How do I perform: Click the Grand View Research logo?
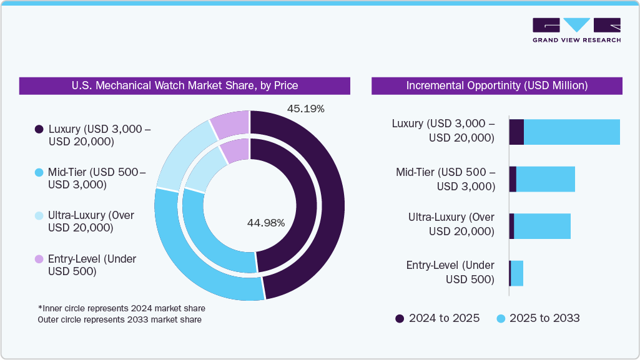pyautogui.click(x=576, y=30)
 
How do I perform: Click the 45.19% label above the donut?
pyautogui.click(x=305, y=109)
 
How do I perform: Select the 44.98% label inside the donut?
pyautogui.click(x=266, y=223)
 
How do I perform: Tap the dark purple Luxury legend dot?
pyautogui.click(x=39, y=129)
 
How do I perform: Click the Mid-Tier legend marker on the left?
pyautogui.click(x=39, y=172)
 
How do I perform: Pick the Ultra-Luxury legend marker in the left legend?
pyautogui.click(x=39, y=215)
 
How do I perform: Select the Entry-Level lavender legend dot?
pyautogui.click(x=39, y=259)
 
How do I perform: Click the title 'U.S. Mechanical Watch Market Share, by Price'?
pyautogui.click(x=184, y=85)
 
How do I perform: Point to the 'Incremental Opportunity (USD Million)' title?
pyautogui.click(x=496, y=85)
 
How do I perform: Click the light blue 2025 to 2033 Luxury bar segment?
pyautogui.click(x=571, y=132)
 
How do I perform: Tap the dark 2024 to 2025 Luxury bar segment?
pyautogui.click(x=516, y=132)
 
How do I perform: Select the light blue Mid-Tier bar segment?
pyautogui.click(x=545, y=179)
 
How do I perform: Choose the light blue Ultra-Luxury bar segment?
pyautogui.click(x=542, y=226)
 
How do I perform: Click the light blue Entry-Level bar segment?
pyautogui.click(x=517, y=273)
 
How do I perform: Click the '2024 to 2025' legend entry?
pyautogui.click(x=437, y=318)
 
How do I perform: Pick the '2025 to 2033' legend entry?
pyautogui.click(x=538, y=318)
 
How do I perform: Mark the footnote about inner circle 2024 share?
pyautogui.click(x=121, y=308)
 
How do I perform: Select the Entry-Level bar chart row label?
pyautogui.click(x=450, y=272)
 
